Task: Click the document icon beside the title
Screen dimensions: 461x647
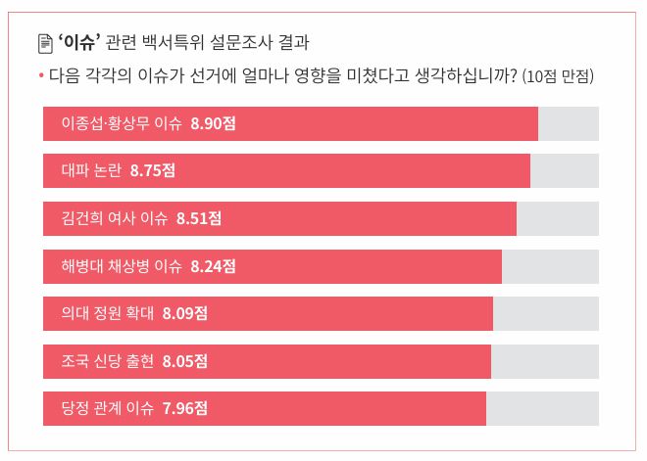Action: (x=44, y=43)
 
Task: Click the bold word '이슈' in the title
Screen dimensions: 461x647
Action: (x=78, y=43)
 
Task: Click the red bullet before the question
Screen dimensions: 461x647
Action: (x=40, y=75)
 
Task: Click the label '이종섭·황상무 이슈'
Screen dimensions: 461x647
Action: (x=122, y=124)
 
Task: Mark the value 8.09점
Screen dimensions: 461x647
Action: (x=186, y=313)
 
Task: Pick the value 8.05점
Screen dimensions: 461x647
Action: (x=185, y=361)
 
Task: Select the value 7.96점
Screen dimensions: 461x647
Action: (x=185, y=408)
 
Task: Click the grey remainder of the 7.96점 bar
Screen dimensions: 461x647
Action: (x=542, y=408)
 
